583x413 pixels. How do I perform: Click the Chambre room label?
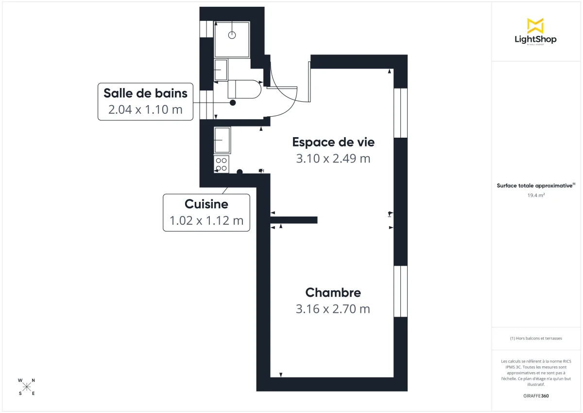tap(333, 292)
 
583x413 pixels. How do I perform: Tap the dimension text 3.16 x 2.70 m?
tap(333, 309)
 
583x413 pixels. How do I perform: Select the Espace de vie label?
tap(333, 142)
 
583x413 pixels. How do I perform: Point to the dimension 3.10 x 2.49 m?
tap(333, 159)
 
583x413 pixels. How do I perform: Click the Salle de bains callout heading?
tap(145, 92)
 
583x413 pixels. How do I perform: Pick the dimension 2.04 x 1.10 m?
tap(145, 109)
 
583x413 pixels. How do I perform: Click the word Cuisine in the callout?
tap(206, 204)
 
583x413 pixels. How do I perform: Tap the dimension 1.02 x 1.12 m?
tap(206, 221)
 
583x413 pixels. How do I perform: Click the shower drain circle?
tap(232, 35)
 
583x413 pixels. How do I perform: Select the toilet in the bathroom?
tap(244, 89)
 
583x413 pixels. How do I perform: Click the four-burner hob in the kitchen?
tap(222, 164)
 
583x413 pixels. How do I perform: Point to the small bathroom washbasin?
tap(221, 70)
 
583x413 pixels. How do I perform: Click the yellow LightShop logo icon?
tap(535, 26)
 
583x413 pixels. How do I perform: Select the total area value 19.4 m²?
tap(535, 196)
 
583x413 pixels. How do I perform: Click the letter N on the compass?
tap(33, 380)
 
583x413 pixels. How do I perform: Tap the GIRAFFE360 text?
tap(535, 396)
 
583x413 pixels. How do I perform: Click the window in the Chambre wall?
tap(400, 291)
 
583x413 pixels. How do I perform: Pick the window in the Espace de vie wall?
tap(400, 113)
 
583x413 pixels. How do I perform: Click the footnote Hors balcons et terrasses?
tap(535, 338)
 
